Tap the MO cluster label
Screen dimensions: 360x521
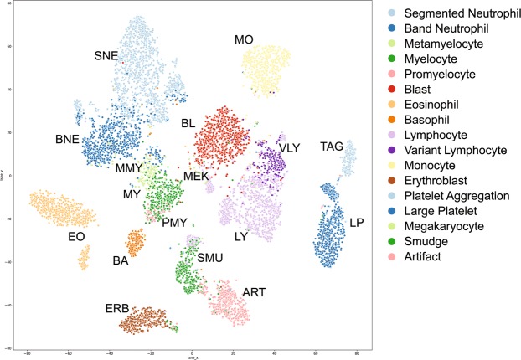[244, 39]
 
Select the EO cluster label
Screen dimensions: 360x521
[77, 238]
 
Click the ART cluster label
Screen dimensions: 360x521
[253, 291]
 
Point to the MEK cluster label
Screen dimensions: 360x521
[197, 176]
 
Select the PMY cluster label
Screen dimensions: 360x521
[174, 222]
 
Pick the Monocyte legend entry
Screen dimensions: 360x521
[432, 166]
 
